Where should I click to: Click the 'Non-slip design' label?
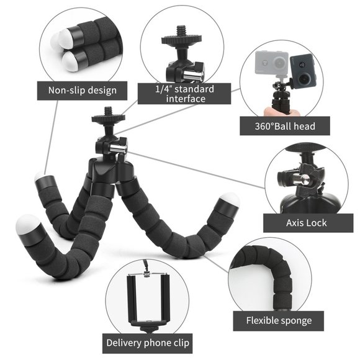pyautogui.click(x=83, y=90)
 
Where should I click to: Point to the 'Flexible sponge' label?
pyautogui.click(x=279, y=321)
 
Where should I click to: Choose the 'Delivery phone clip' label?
pyautogui.click(x=148, y=342)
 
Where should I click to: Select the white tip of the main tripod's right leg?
pyautogui.click(x=229, y=202)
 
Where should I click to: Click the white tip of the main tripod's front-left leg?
pyautogui.click(x=30, y=224)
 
